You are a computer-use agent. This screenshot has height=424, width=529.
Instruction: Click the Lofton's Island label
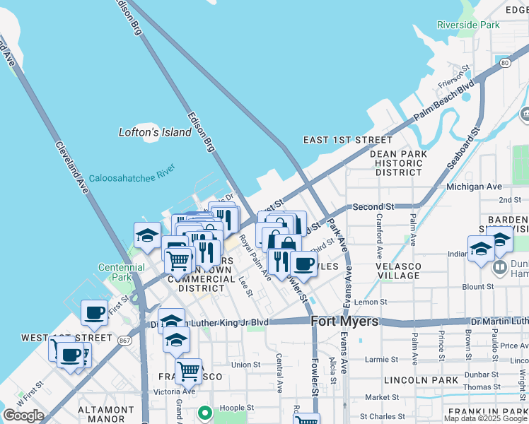click(155, 132)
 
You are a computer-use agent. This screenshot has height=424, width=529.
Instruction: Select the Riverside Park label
click(468, 25)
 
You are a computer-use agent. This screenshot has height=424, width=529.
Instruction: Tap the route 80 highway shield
click(504, 63)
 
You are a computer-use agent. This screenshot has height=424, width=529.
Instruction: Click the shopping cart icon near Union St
click(188, 370)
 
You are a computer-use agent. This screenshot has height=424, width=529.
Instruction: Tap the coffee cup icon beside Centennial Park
click(94, 312)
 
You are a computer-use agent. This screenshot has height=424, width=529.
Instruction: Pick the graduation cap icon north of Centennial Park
click(146, 235)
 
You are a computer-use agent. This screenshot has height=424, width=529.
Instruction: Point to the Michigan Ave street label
click(473, 187)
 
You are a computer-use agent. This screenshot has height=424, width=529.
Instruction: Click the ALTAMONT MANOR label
click(105, 416)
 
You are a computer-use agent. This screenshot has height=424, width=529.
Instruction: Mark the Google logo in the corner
click(23, 416)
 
